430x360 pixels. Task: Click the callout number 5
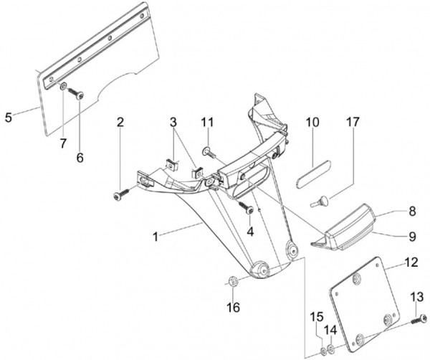(8, 116)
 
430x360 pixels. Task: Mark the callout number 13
(417, 296)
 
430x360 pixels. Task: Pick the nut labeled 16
(233, 280)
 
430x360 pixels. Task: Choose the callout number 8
(412, 212)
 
